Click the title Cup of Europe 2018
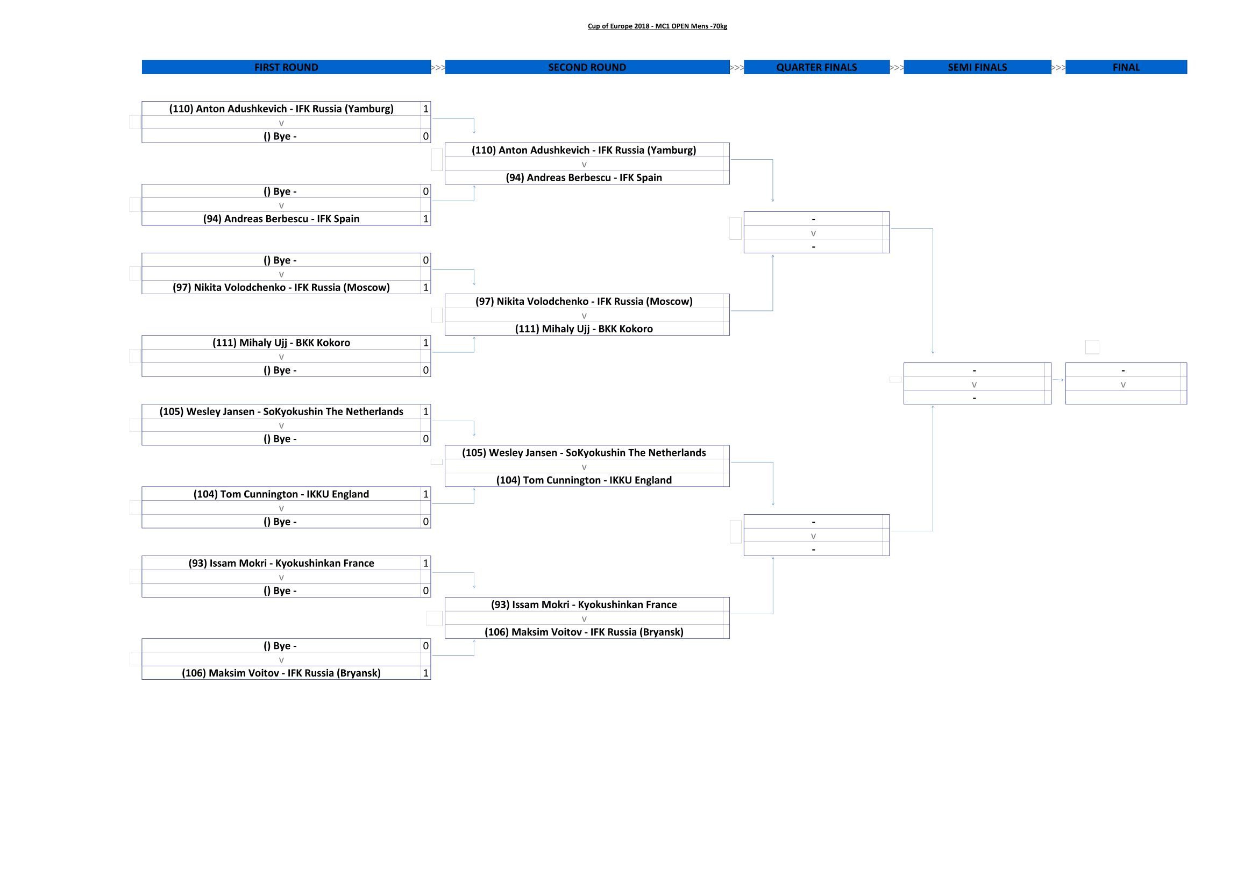click(657, 26)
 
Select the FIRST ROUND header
click(286, 67)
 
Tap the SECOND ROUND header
click(587, 67)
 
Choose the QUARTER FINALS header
click(816, 67)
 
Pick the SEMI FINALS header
click(977, 67)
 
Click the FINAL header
click(1126, 67)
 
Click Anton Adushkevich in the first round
click(281, 109)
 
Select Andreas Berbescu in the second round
click(584, 177)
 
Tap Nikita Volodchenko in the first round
click(281, 287)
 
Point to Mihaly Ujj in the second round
click(584, 329)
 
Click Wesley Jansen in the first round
click(281, 411)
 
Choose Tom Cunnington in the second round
click(584, 480)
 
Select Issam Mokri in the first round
click(281, 563)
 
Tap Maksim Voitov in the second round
click(584, 631)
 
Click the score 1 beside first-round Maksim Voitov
click(426, 673)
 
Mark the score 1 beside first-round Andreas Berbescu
click(426, 218)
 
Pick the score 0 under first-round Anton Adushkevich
click(426, 136)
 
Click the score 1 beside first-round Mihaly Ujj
click(426, 343)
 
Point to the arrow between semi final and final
click(1058, 380)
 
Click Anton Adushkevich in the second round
click(584, 150)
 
